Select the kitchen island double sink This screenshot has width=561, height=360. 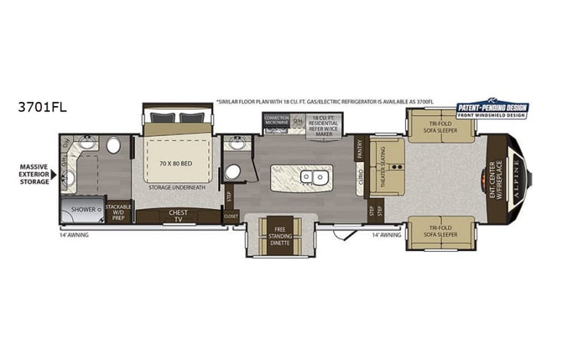[x=314, y=177]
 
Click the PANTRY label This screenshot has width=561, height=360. [x=359, y=148]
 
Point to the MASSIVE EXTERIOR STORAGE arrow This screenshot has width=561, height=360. [x=54, y=174]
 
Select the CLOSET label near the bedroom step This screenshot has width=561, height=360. [x=232, y=216]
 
